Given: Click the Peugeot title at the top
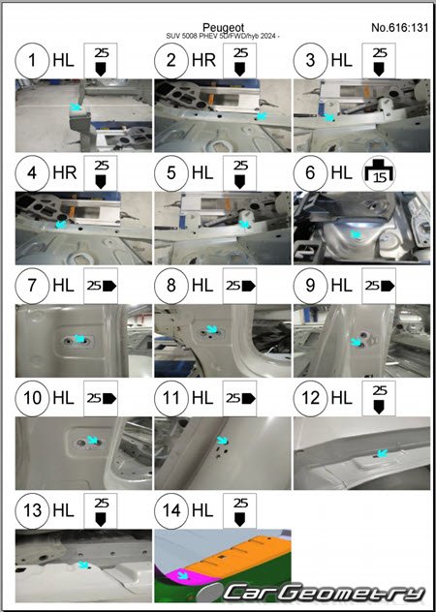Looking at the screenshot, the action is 223,28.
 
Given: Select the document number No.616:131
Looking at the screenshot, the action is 399,27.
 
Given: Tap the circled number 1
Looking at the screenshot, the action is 32,60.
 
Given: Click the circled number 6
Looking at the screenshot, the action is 311,173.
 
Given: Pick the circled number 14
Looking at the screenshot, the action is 171,510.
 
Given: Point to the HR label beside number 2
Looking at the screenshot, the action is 203,60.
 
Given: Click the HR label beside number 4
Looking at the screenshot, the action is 65,173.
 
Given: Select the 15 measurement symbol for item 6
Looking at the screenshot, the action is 379,173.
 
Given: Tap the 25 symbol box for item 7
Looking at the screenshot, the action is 101,286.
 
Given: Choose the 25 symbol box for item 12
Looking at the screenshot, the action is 379,398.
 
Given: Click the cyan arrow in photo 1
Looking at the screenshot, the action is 76,107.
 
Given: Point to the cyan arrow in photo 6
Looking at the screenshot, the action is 356,234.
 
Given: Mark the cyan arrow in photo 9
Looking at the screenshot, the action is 356,342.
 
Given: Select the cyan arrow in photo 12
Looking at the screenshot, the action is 383,453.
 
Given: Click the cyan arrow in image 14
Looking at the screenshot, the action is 182,575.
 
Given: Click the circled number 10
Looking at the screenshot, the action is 32,398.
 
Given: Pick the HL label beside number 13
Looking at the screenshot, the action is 63,510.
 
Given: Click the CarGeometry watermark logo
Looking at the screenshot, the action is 324,593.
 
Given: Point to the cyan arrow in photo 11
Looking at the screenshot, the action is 222,441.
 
